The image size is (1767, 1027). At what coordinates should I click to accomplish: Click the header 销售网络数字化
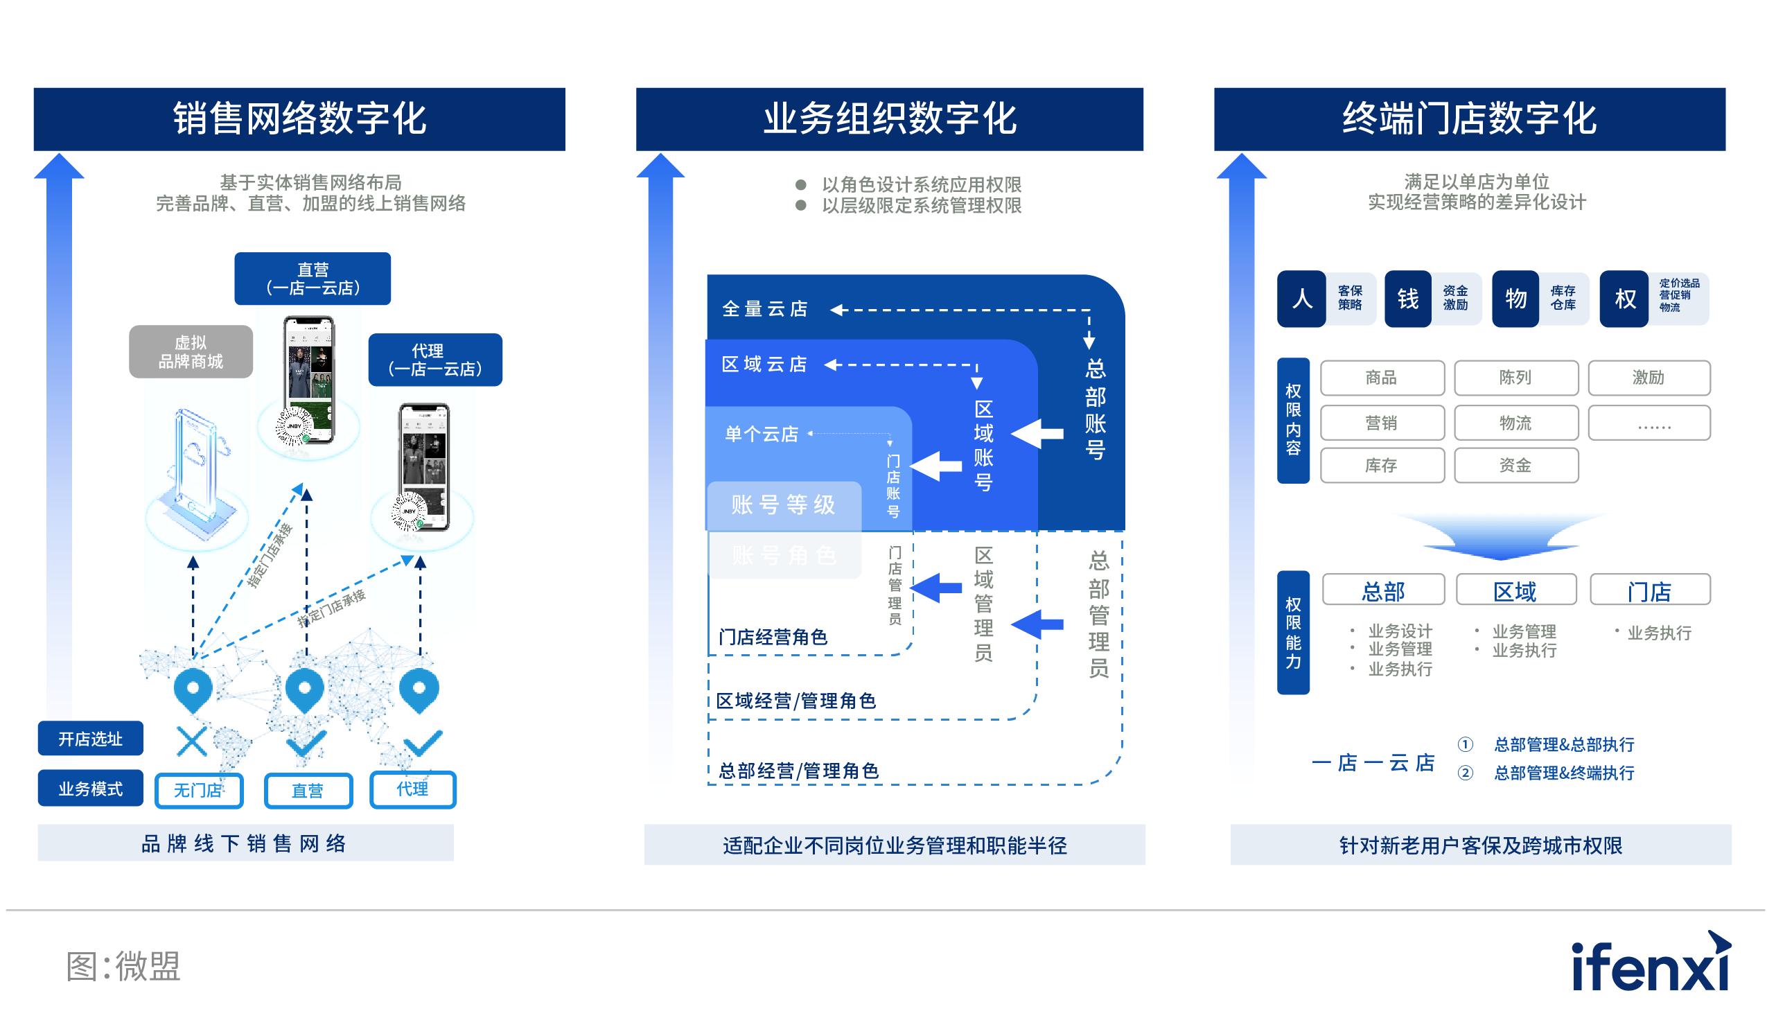click(x=299, y=119)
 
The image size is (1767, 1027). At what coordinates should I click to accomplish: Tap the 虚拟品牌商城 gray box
click(x=190, y=352)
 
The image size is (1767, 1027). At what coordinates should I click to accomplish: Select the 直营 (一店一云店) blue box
click(x=312, y=279)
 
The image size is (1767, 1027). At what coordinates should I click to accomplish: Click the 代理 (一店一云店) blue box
click(x=434, y=360)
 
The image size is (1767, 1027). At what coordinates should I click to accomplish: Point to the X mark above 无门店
click(x=191, y=741)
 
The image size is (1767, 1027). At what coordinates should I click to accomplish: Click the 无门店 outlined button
click(x=198, y=791)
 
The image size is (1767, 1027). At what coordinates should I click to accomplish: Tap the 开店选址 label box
click(x=91, y=739)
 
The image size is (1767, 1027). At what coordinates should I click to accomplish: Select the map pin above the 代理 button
click(x=419, y=690)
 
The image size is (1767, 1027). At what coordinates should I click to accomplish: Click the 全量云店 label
click(x=764, y=309)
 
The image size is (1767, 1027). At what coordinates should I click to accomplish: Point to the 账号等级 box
click(x=783, y=504)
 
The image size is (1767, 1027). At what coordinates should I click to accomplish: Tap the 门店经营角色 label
click(x=773, y=638)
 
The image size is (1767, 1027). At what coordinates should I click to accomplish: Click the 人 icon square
click(x=1301, y=299)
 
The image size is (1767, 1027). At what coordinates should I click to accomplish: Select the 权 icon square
click(x=1624, y=299)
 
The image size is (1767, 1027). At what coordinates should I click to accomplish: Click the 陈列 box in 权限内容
click(x=1516, y=378)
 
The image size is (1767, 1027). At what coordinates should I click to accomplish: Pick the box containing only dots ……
click(x=1649, y=423)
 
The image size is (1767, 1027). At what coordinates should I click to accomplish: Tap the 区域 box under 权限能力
click(x=1516, y=590)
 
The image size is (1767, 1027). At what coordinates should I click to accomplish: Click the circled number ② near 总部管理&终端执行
click(x=1465, y=773)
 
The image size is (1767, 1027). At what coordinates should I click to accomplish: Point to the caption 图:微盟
click(x=123, y=967)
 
